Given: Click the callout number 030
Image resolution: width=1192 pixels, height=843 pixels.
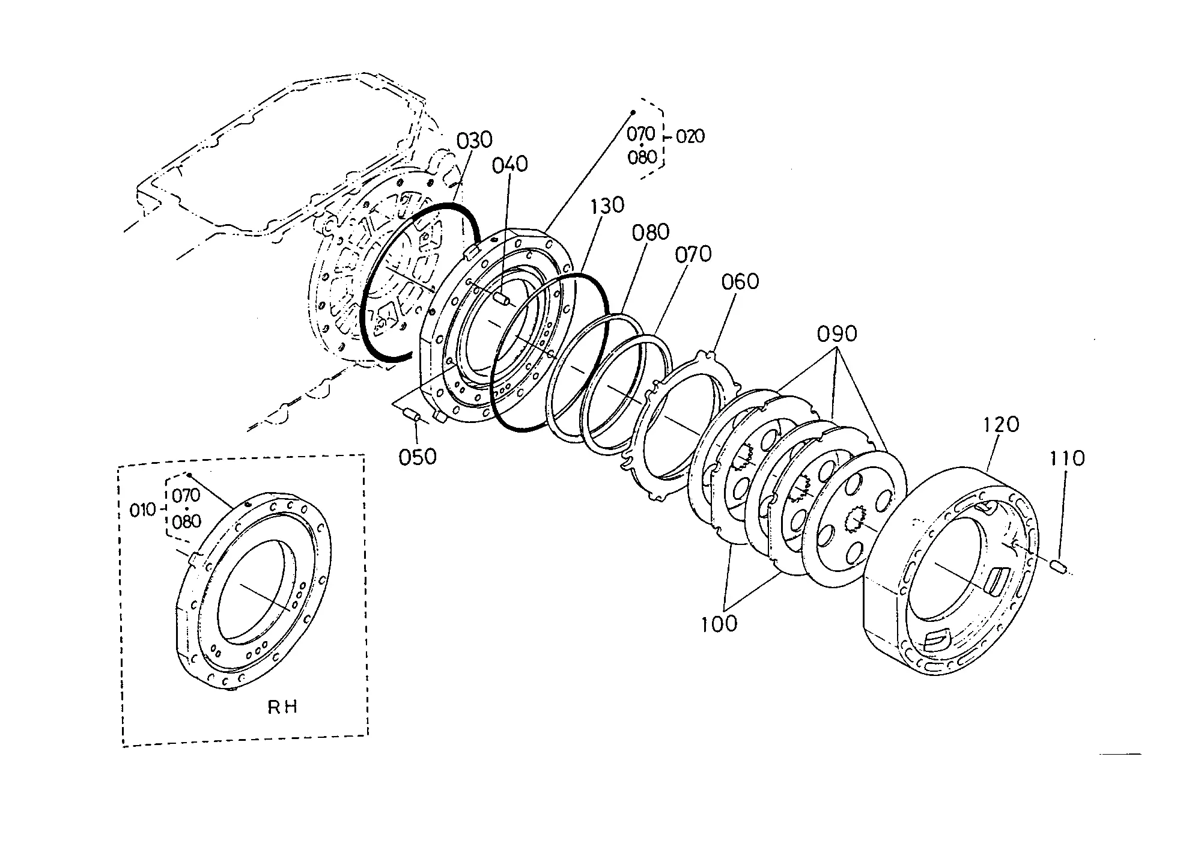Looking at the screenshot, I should click(x=474, y=140).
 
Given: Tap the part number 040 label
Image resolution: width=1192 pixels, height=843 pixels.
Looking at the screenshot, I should click(x=509, y=165).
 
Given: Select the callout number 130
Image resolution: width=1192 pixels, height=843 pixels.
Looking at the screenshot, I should click(x=607, y=205).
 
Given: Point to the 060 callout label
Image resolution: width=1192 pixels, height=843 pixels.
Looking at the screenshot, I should click(x=740, y=281).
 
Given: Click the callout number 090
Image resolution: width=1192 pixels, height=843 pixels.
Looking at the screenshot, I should click(x=838, y=334).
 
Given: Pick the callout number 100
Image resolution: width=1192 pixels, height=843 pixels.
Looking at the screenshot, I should click(x=719, y=624).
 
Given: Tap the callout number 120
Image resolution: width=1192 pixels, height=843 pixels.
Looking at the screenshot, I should click(x=1001, y=425).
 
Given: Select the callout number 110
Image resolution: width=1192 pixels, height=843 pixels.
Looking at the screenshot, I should click(x=1067, y=458).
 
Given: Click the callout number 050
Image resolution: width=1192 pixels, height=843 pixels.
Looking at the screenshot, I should click(x=418, y=457).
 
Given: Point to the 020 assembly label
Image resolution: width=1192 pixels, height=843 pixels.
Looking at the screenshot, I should click(x=690, y=137).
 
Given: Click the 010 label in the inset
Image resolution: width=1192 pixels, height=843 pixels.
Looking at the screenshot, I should click(x=142, y=511).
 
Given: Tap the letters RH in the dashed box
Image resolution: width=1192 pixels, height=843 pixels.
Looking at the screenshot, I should click(x=282, y=707).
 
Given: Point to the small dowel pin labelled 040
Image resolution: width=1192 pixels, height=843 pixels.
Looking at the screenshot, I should click(x=501, y=299).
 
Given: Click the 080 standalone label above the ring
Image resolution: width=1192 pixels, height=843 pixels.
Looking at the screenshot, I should click(x=650, y=233).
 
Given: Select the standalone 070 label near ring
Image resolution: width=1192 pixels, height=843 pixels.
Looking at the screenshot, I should click(x=693, y=255).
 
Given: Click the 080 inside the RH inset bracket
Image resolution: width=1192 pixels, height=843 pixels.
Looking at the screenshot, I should click(x=186, y=522).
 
